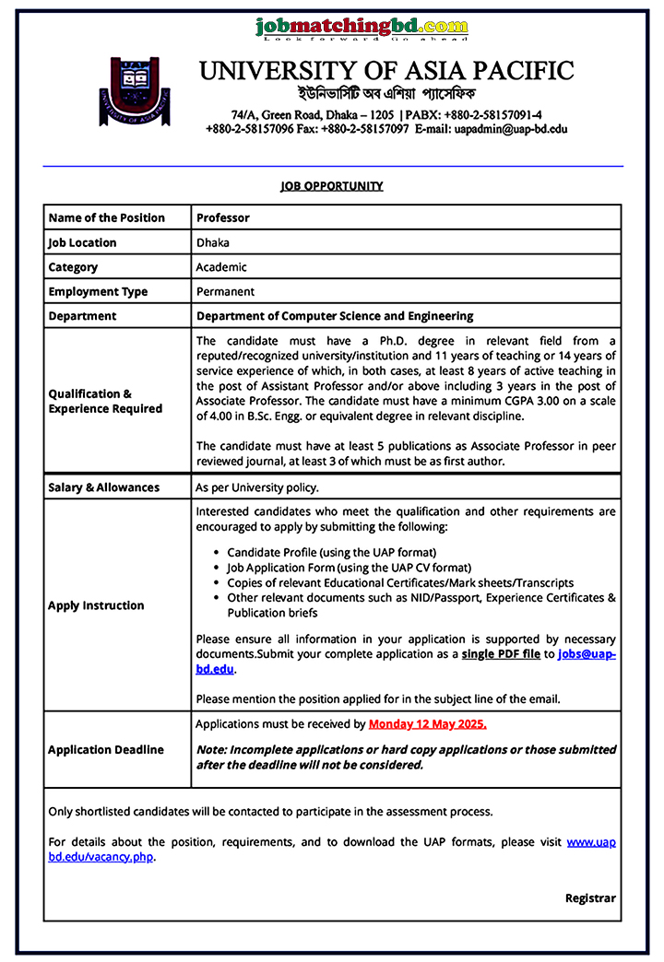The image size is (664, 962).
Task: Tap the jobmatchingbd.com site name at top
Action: pyautogui.click(x=362, y=27)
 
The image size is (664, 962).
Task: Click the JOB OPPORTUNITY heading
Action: pyautogui.click(x=332, y=186)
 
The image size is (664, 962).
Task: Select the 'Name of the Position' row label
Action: pyautogui.click(x=107, y=218)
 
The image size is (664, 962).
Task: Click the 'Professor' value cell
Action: pyautogui.click(x=223, y=218)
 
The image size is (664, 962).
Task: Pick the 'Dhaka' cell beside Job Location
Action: pyautogui.click(x=213, y=243)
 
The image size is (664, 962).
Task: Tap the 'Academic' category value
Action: pyautogui.click(x=221, y=267)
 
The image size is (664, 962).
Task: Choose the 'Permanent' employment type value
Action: pyautogui.click(x=225, y=292)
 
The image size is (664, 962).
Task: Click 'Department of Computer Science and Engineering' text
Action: pyautogui.click(x=335, y=316)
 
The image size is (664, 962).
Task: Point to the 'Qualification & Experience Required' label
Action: pyautogui.click(x=105, y=401)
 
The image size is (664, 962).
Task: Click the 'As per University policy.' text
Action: pyautogui.click(x=257, y=487)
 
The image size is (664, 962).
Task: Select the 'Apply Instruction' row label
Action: pyautogui.click(x=96, y=605)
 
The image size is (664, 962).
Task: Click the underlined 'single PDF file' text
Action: pyautogui.click(x=501, y=654)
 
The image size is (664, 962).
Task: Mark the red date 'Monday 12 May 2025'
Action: pyautogui.click(x=427, y=724)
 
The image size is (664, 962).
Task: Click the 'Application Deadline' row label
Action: pyautogui.click(x=106, y=750)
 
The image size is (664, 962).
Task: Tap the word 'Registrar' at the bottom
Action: pyautogui.click(x=590, y=898)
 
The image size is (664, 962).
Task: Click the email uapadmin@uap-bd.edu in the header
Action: pyautogui.click(x=511, y=130)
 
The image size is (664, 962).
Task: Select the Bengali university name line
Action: pyautogui.click(x=385, y=95)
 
